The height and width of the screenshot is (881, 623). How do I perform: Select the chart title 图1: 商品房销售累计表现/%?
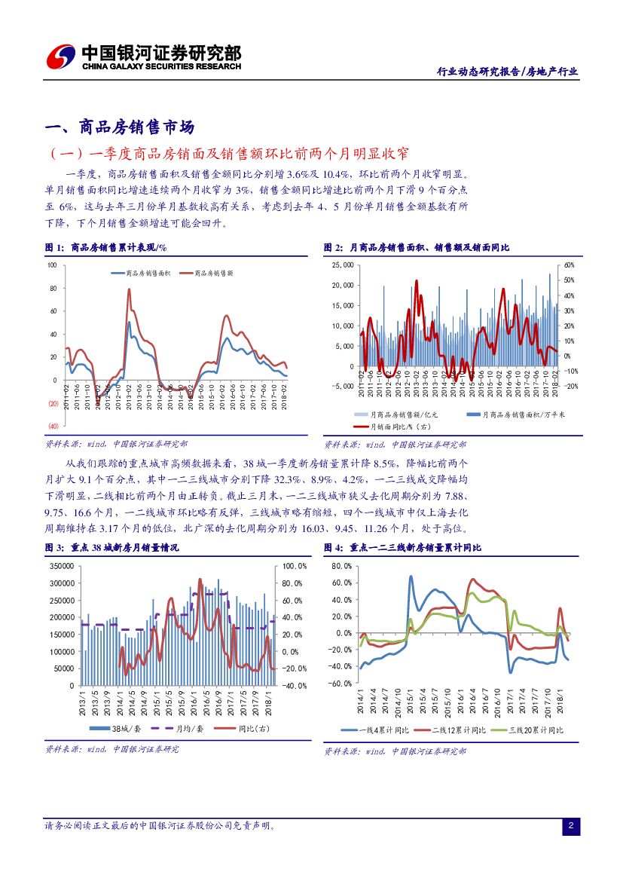coord(105,247)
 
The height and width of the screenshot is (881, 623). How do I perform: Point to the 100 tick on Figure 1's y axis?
coord(52,265)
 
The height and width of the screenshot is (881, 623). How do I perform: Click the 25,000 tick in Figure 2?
coord(343,265)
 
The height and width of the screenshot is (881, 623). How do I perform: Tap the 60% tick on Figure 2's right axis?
coord(570,265)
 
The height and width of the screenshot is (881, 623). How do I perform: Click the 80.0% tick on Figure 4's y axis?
coord(341,566)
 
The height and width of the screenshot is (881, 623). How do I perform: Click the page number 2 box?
coord(571,827)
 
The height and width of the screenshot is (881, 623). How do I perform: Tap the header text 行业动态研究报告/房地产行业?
coord(508,72)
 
